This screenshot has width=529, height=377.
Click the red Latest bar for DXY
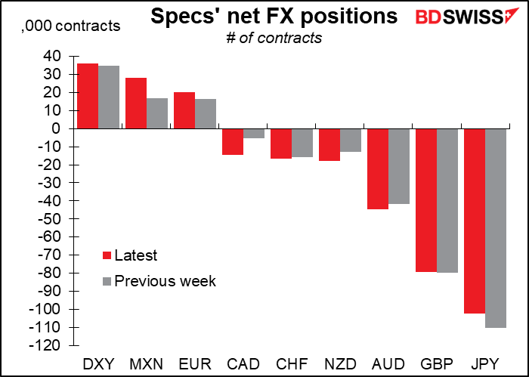(x=88, y=96)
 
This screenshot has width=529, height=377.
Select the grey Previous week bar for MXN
(x=157, y=113)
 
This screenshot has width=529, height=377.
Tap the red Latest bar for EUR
(x=184, y=110)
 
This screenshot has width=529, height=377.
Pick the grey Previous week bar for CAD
(x=254, y=134)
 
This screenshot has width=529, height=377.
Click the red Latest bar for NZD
(x=329, y=144)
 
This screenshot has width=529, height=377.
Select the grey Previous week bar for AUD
(x=399, y=166)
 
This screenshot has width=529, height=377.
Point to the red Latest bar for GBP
(x=426, y=200)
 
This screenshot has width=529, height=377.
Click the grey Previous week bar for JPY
(x=496, y=228)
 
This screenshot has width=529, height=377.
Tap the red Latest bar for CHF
(x=281, y=144)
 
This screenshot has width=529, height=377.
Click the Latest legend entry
(x=130, y=255)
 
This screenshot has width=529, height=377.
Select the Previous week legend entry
(x=159, y=281)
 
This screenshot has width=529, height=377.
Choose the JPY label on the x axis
(x=485, y=364)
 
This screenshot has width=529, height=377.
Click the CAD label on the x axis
(x=243, y=364)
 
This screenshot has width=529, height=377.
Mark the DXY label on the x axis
(x=98, y=364)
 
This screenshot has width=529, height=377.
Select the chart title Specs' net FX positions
(x=274, y=16)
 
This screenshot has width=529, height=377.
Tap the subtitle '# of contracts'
(x=274, y=38)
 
